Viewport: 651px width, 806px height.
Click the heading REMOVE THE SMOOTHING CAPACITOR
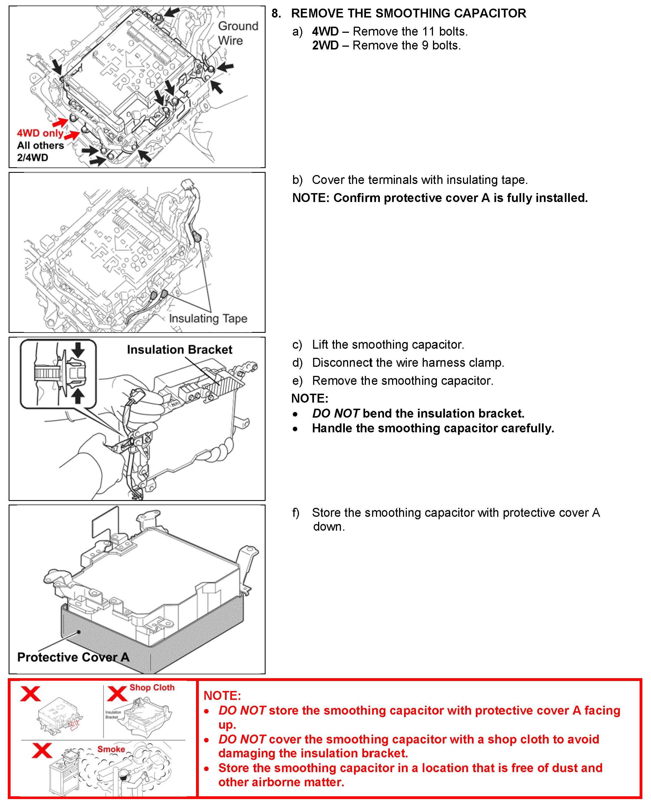(409, 14)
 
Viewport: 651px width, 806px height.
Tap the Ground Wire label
(238, 33)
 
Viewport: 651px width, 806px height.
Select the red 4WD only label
(40, 133)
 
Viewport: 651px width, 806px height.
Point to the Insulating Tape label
(208, 318)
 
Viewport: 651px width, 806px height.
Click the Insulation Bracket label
(179, 350)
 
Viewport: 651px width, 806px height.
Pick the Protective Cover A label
(73, 657)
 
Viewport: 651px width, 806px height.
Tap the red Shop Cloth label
(152, 688)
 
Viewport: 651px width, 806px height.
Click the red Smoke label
(111, 749)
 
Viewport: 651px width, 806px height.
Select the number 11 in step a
(429, 31)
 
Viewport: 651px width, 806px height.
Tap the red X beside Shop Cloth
(117, 693)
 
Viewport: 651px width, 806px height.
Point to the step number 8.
(276, 14)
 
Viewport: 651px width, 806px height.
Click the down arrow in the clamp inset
(78, 350)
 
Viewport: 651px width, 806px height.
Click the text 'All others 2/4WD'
(40, 151)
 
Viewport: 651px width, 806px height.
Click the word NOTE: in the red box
(222, 695)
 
